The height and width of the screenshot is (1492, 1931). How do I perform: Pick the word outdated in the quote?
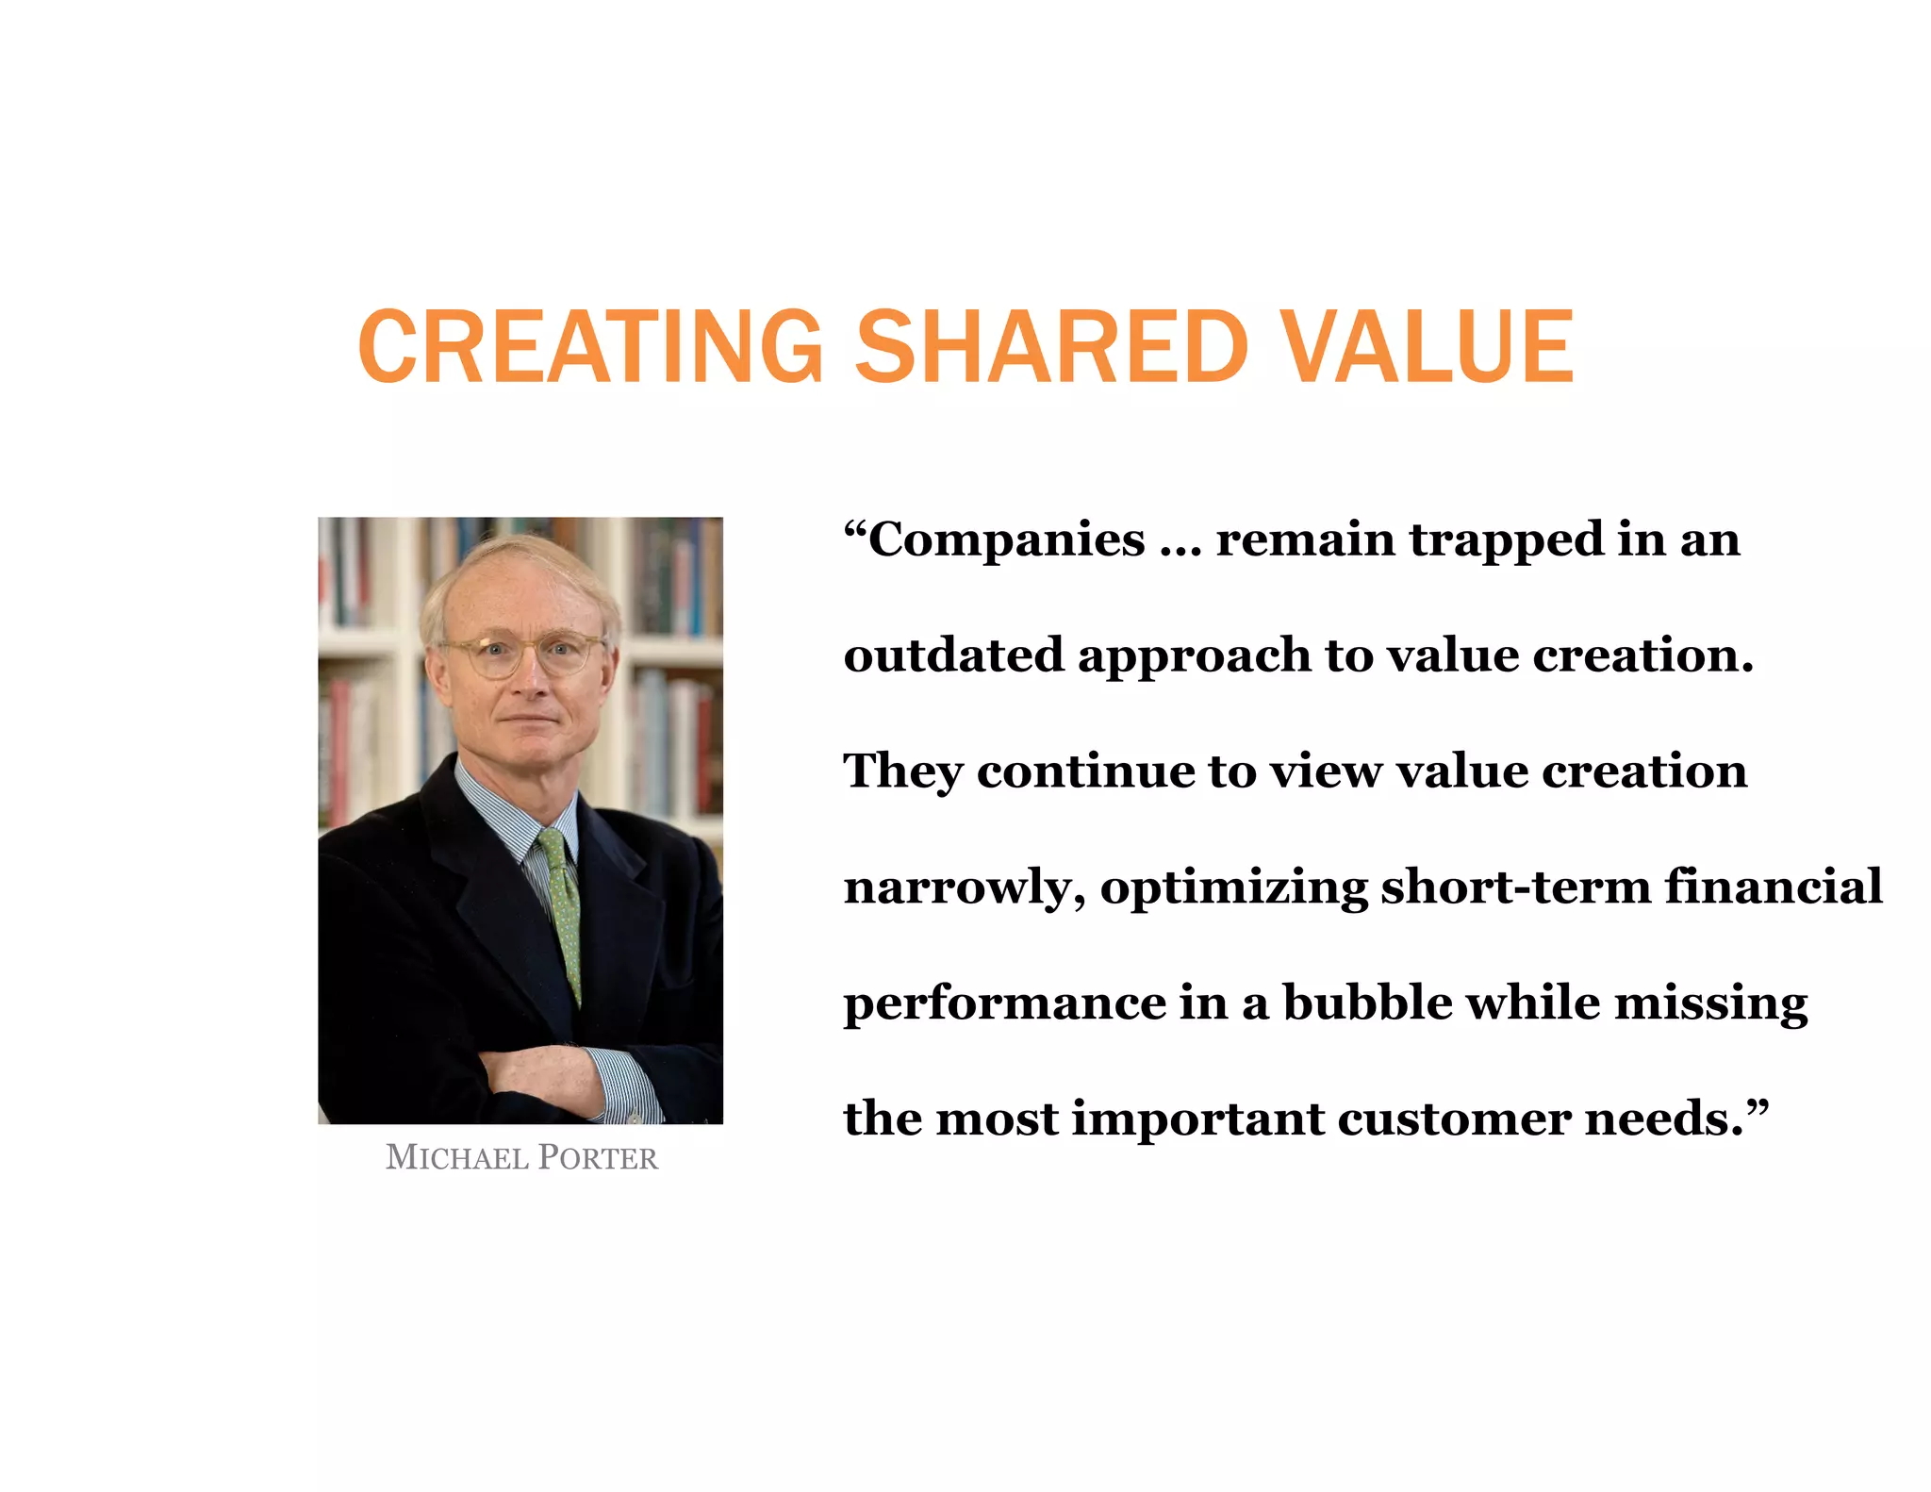[x=953, y=655]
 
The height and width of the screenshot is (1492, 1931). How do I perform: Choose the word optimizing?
[x=1233, y=887]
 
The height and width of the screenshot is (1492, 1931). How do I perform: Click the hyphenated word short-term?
[x=1515, y=887]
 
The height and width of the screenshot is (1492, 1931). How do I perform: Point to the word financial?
[x=1773, y=887]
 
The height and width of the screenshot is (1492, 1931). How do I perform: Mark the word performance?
[x=1003, y=1003]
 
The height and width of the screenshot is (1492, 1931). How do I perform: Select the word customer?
[x=1453, y=1119]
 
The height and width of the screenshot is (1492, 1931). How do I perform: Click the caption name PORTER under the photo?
[x=598, y=1158]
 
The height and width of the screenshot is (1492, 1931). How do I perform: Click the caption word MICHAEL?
[x=456, y=1158]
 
